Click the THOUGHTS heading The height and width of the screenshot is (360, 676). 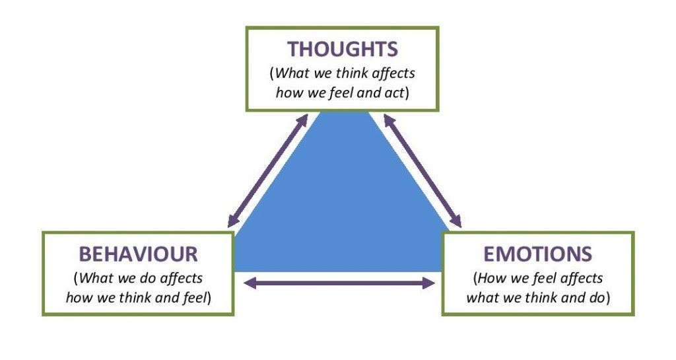[x=342, y=50]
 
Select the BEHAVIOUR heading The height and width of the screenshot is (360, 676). [x=138, y=254]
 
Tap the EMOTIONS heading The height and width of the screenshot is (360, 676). [x=538, y=254]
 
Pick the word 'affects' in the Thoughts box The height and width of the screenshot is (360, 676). [x=391, y=73]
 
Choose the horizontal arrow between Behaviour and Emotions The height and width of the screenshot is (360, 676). [x=339, y=283]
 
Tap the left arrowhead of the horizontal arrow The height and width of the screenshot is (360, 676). [x=250, y=283]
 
